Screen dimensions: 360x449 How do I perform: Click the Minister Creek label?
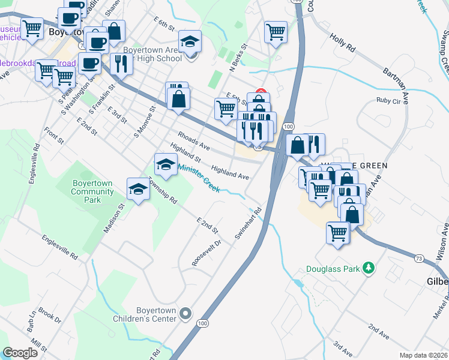point(199,179)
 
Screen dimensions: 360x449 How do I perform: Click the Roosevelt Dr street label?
point(207,254)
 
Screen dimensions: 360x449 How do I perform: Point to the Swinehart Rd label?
point(249,224)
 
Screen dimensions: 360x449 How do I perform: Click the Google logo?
point(20,352)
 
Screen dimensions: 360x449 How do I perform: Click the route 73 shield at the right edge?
point(419,258)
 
